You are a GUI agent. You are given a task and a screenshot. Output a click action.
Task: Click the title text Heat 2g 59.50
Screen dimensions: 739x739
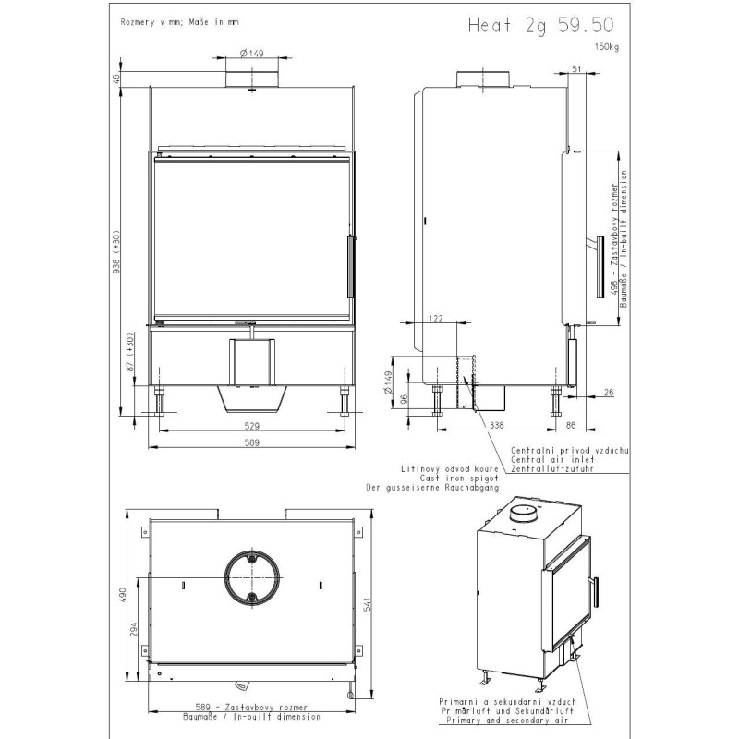(540, 26)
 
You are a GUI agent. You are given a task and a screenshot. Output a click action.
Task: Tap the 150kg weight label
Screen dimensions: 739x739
(607, 47)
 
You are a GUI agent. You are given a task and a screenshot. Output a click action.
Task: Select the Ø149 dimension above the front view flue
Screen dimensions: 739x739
(251, 53)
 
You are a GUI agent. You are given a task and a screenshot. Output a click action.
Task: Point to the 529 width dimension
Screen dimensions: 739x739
(252, 426)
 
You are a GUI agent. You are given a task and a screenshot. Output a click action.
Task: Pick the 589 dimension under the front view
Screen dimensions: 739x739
(252, 442)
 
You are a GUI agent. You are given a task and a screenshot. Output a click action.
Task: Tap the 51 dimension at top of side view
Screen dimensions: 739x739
(576, 68)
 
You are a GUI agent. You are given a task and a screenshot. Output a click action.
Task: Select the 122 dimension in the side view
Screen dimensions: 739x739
(436, 319)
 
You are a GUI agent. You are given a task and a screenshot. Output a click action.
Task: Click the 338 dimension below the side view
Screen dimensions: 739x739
(497, 425)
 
